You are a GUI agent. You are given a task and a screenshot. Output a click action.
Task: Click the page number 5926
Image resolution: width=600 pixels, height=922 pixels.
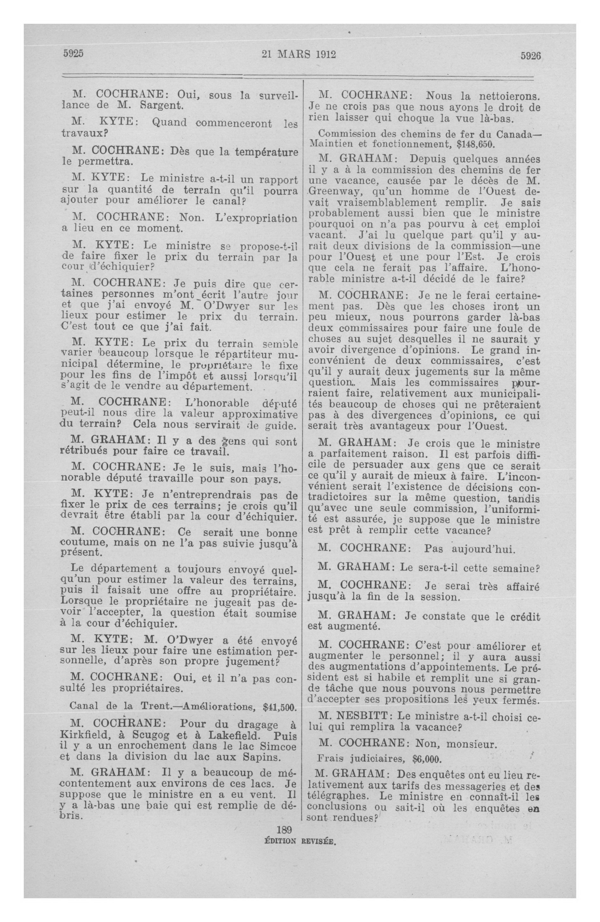(530, 56)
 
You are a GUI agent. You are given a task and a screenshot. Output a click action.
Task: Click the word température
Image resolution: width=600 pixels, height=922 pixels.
(266, 151)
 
